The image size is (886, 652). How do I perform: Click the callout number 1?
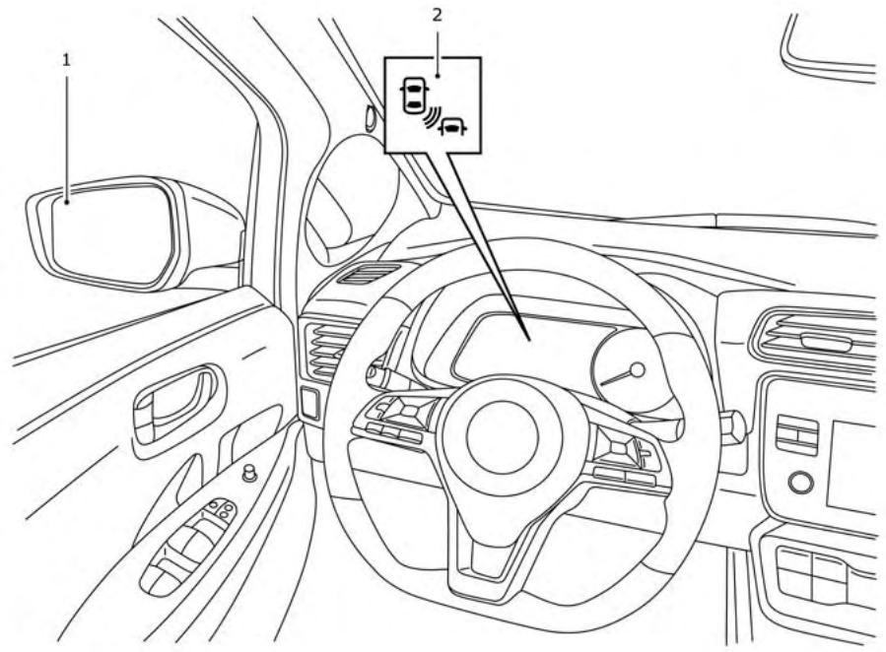click(67, 60)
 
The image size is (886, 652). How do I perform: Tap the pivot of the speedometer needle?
click(636, 370)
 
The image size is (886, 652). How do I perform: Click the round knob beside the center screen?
click(801, 483)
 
